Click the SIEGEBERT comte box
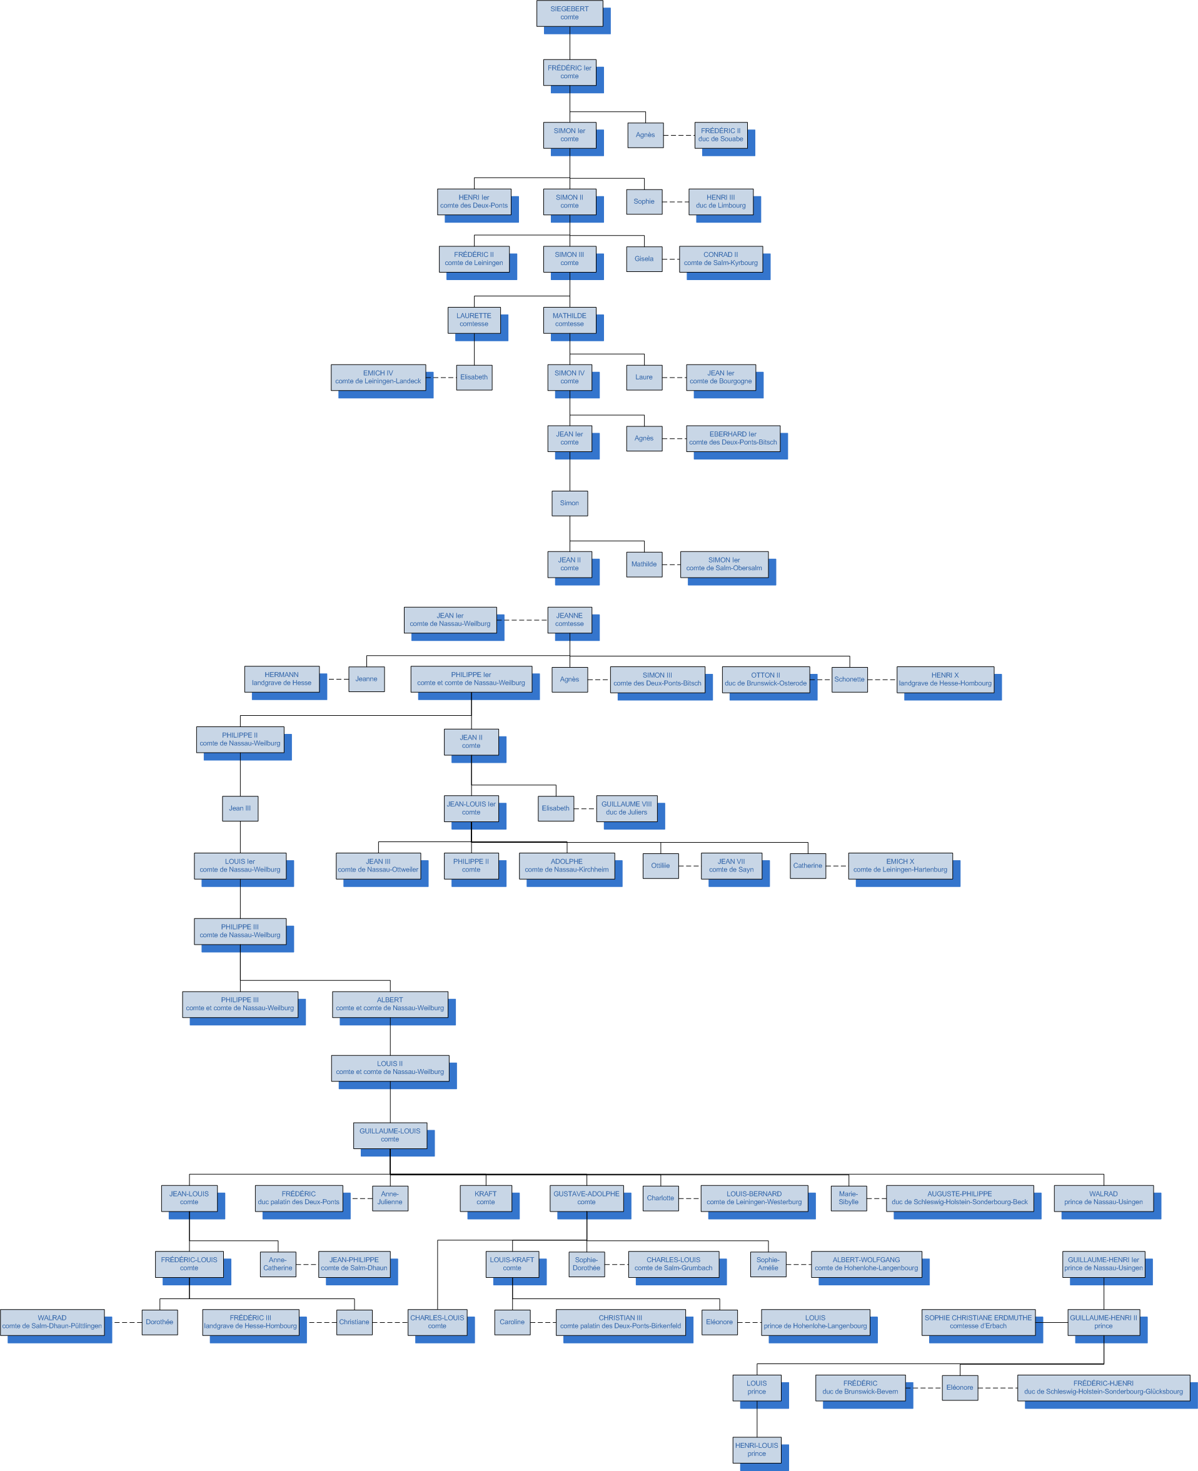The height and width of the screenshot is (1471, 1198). pyautogui.click(x=570, y=13)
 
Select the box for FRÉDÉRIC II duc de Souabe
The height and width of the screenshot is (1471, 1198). pyautogui.click(x=720, y=134)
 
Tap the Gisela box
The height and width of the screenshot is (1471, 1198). pyautogui.click(x=644, y=259)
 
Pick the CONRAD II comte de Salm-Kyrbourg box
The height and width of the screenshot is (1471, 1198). pyautogui.click(x=720, y=259)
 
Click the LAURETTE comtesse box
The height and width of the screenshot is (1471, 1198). pyautogui.click(x=473, y=320)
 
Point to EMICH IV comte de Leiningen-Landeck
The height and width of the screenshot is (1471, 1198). pyautogui.click(x=378, y=378)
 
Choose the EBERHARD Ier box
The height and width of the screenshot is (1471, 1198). pyautogui.click(x=733, y=438)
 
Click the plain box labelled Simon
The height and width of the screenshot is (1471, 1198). pyautogui.click(x=570, y=503)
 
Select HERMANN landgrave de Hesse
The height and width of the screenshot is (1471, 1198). pyautogui.click(x=281, y=679)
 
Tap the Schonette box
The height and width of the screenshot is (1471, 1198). pyautogui.click(x=849, y=679)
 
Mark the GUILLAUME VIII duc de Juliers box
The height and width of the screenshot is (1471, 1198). pyautogui.click(x=627, y=808)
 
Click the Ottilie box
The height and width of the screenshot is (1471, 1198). pyautogui.click(x=660, y=865)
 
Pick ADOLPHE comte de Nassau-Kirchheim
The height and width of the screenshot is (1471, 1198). pyautogui.click(x=566, y=865)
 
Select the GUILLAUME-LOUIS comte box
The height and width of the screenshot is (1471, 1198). pyautogui.click(x=390, y=1135)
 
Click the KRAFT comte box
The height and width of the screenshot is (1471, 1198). pyautogui.click(x=485, y=1198)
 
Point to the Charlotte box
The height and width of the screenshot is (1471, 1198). pyautogui.click(x=660, y=1198)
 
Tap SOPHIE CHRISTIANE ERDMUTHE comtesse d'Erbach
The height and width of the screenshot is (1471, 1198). pyautogui.click(x=978, y=1322)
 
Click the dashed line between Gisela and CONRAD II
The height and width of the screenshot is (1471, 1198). pyautogui.click(x=671, y=259)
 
